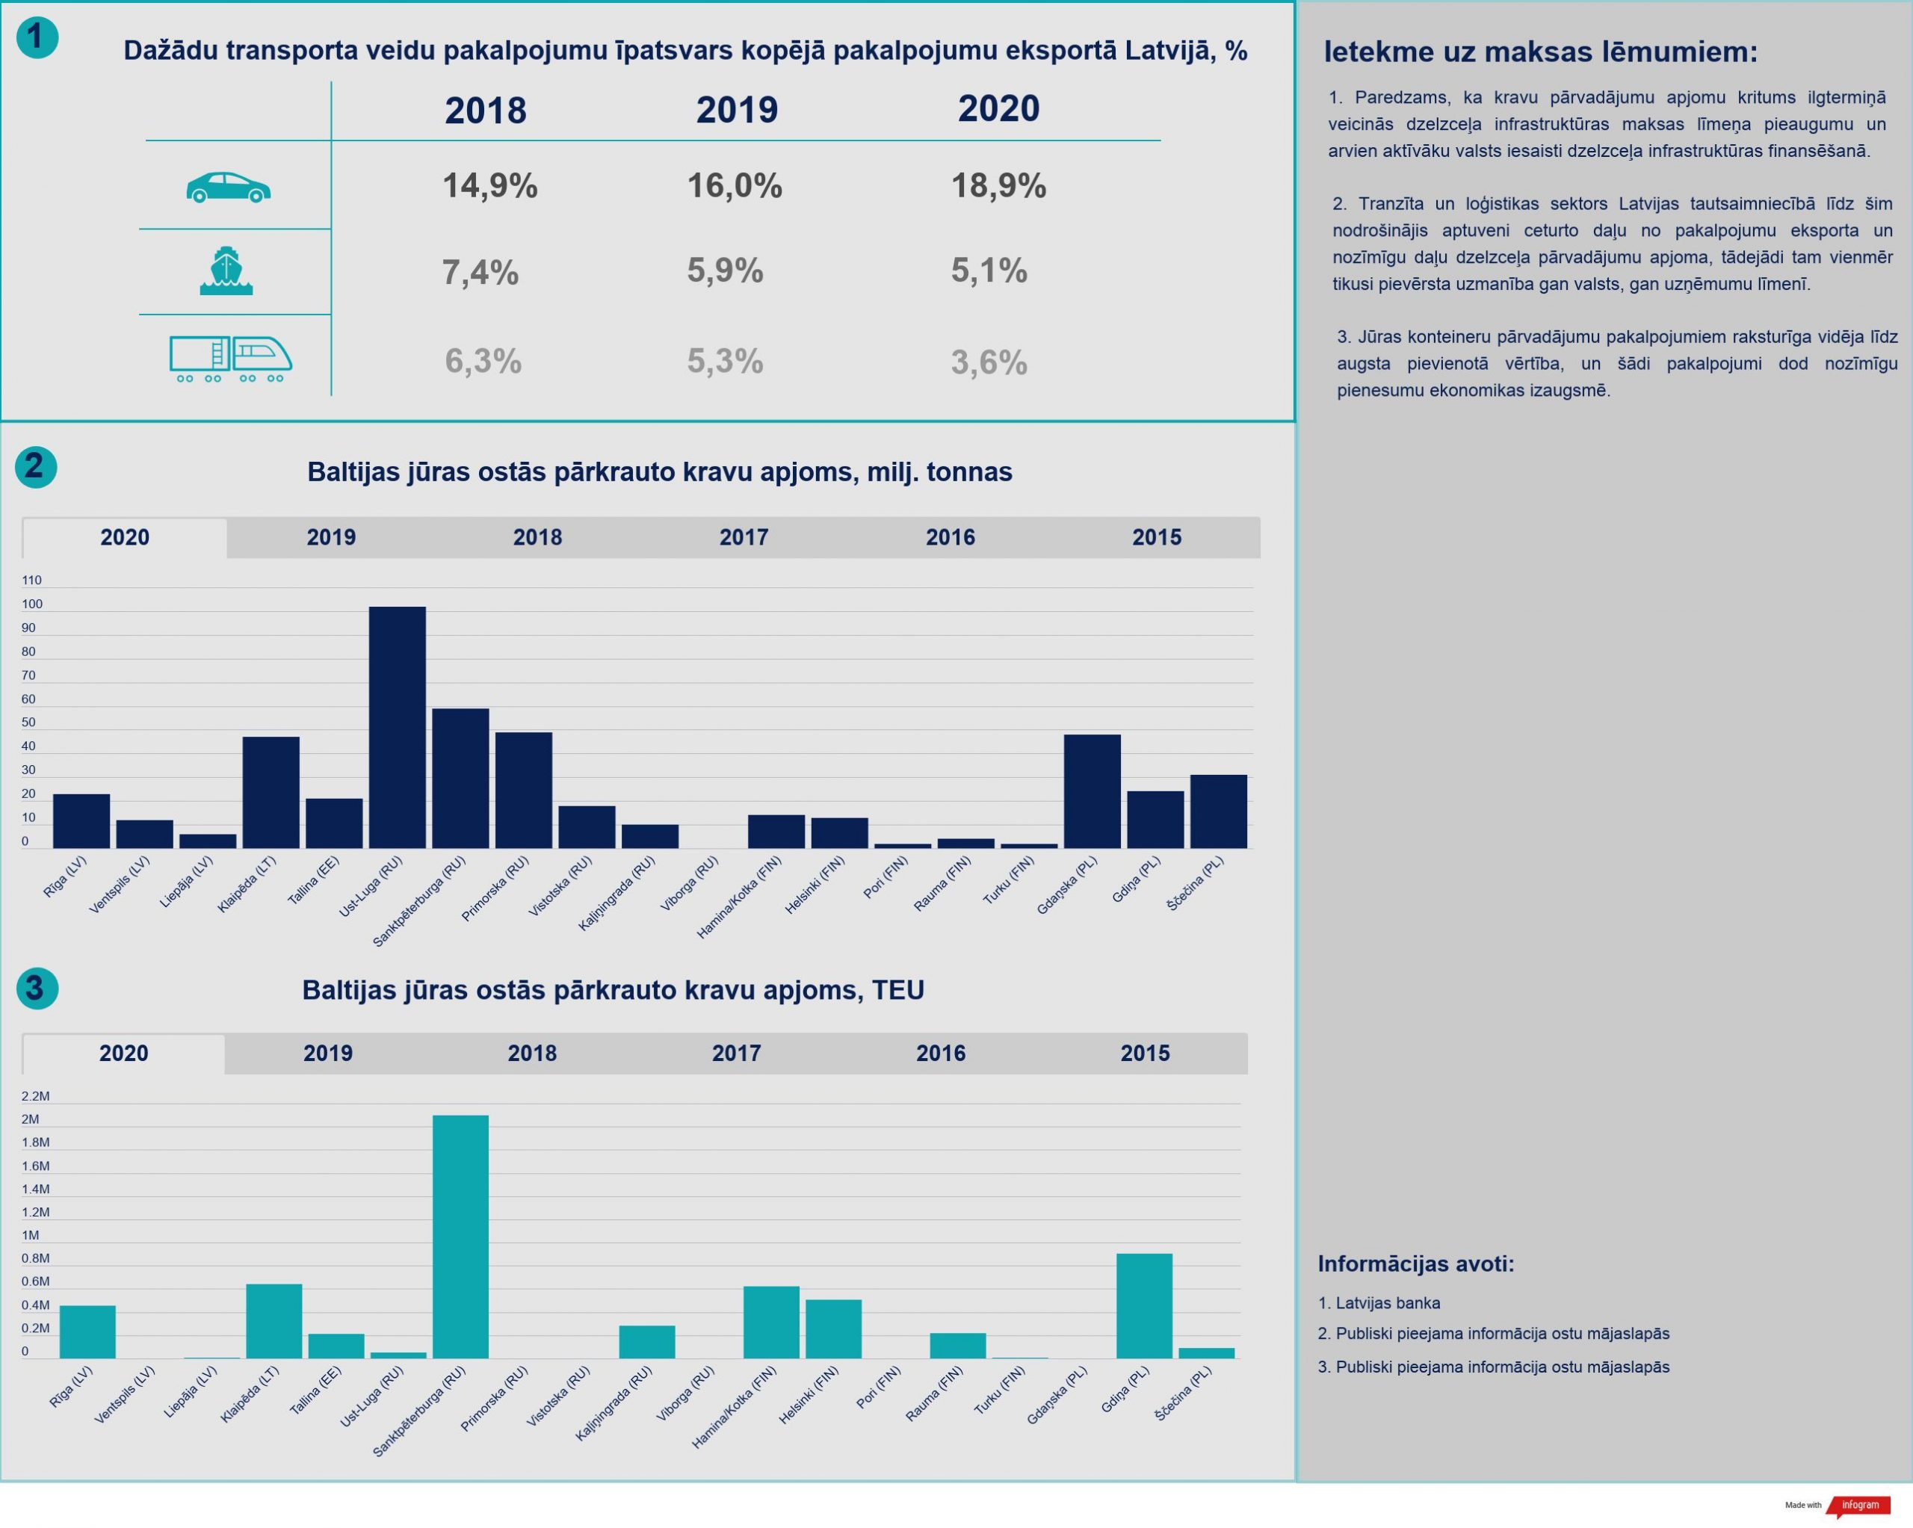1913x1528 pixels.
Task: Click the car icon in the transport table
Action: [x=228, y=188]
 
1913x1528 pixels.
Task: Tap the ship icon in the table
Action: [x=226, y=270]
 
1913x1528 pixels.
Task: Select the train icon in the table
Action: [x=231, y=359]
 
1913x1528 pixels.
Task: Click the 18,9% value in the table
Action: [x=998, y=186]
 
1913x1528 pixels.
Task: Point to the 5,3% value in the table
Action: [x=725, y=361]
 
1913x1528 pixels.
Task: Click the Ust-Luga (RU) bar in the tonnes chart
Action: [x=397, y=728]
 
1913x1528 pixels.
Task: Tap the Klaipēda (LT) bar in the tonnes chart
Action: [x=271, y=793]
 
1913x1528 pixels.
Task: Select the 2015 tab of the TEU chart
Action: [x=1145, y=1054]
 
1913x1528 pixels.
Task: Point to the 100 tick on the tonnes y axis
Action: [x=32, y=604]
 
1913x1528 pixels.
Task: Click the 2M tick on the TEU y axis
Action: [x=30, y=1119]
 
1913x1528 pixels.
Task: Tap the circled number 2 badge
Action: [x=35, y=467]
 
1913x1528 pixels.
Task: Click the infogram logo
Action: [x=1860, y=1505]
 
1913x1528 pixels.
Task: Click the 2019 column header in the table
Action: [x=737, y=110]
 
